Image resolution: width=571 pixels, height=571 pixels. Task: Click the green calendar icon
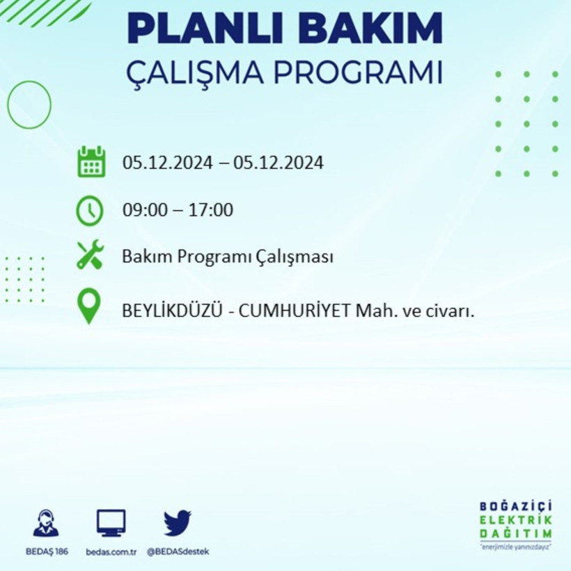click(91, 162)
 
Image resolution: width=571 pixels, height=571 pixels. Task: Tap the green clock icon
click(90, 210)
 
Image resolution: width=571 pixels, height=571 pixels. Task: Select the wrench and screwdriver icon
click(90, 255)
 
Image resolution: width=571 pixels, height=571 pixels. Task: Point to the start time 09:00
click(144, 210)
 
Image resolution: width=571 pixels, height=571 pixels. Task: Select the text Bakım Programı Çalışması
click(227, 257)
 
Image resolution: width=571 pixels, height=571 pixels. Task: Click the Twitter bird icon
click(178, 522)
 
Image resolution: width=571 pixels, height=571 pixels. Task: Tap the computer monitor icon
click(111, 523)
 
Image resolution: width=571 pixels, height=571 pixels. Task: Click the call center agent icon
click(46, 523)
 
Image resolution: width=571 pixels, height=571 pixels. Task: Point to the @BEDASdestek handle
click(178, 552)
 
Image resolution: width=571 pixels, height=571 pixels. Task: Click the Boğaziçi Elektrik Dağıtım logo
click(516, 524)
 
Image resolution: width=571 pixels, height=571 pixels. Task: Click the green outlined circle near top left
click(29, 104)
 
